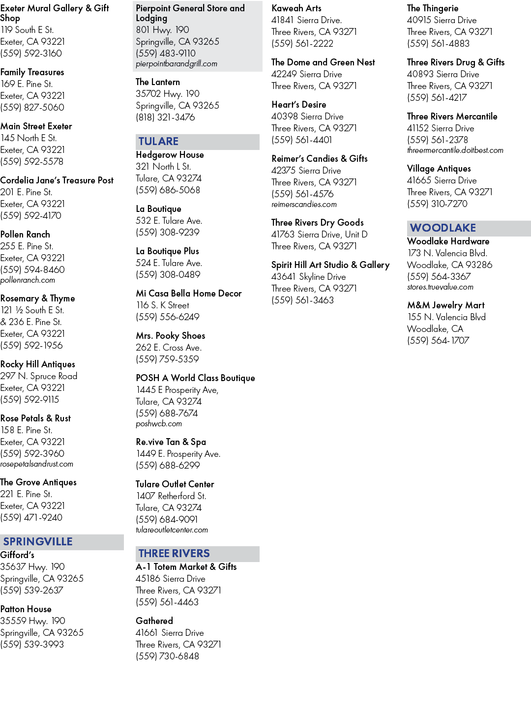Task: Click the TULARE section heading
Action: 158,142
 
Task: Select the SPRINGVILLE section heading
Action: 38,542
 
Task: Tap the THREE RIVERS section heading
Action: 174,553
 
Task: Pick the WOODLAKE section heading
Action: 443,228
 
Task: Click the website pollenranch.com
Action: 28,280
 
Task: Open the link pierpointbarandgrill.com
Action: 177,63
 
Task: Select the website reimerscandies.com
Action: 304,205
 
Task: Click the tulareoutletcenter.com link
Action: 172,530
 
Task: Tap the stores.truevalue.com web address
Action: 440,287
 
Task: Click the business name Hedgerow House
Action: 170,155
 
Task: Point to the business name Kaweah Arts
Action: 296,8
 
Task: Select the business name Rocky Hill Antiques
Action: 37,364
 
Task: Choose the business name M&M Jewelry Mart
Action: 445,305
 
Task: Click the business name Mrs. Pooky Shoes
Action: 170,336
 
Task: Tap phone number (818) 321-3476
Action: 165,118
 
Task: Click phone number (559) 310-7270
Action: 437,204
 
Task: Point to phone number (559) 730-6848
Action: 167,656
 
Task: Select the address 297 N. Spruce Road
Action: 38,376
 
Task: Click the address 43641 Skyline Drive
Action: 309,277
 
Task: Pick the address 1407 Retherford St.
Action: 171,496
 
